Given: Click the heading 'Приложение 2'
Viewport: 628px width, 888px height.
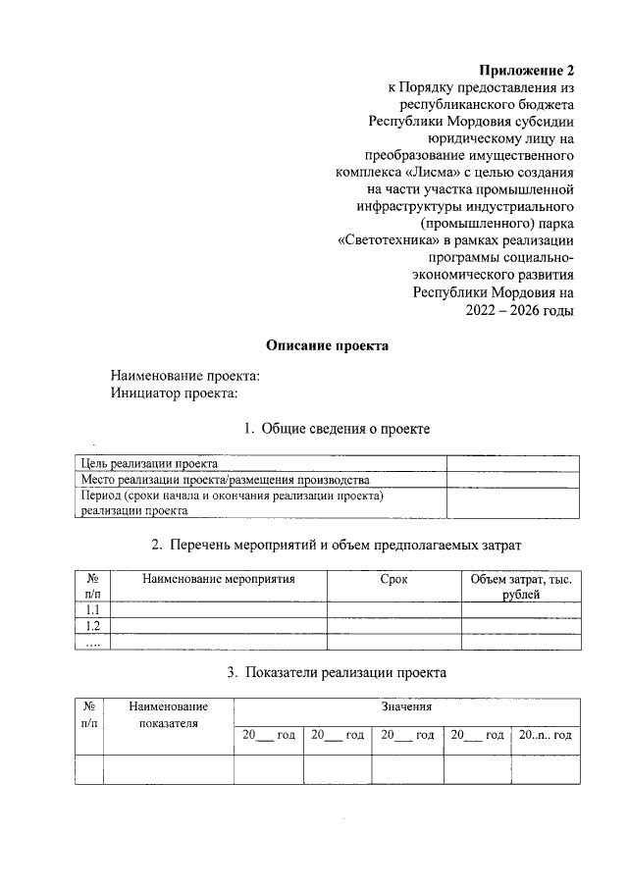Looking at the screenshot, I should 525,70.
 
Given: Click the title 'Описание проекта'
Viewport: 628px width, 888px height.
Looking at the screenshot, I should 328,345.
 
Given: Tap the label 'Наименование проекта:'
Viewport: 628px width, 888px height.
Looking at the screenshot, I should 186,376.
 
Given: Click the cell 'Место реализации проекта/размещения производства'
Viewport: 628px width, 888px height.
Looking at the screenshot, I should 226,480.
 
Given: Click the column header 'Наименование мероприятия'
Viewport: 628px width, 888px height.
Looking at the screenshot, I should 218,580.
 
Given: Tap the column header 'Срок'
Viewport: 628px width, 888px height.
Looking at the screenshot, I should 393,580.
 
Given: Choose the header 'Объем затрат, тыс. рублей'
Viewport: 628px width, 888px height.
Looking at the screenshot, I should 521,587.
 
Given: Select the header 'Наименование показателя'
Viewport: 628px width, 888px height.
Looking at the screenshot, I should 169,714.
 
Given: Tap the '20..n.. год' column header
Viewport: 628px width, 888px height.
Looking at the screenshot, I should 546,735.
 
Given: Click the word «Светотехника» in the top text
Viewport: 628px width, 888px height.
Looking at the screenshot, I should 385,238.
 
